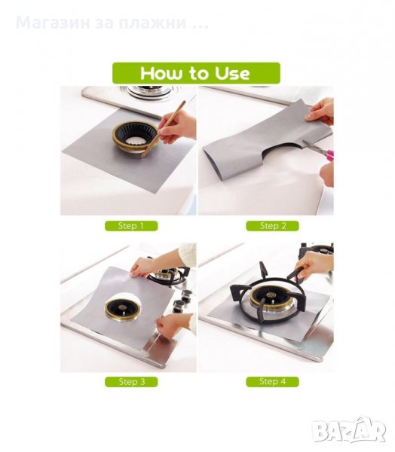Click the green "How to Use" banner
[196, 73]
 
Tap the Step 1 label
[131, 226]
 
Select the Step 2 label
[272, 226]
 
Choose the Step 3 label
[131, 382]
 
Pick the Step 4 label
[272, 382]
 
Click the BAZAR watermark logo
[350, 430]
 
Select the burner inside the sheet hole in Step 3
[123, 310]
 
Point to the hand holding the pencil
[176, 127]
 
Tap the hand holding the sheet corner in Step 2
[320, 111]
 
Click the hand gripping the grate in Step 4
[313, 265]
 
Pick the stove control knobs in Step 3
[182, 301]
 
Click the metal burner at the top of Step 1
[150, 92]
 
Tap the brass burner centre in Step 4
[271, 298]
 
